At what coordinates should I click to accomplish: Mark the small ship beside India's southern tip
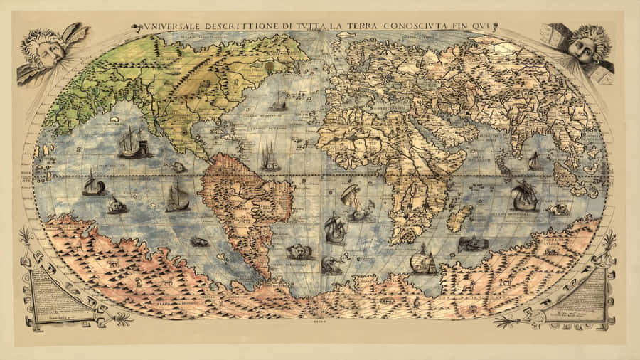pos(535,162)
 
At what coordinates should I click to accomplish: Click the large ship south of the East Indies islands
pos(525,196)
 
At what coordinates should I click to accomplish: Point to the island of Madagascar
pos(460,218)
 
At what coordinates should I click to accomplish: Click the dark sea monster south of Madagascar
pos(473,244)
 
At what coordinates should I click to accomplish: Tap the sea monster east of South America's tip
pos(299,251)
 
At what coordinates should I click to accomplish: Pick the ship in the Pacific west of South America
pos(177,197)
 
